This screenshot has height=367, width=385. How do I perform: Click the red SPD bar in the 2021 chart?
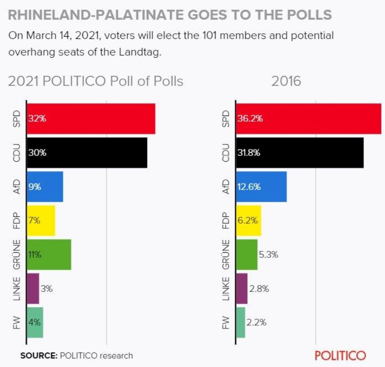91,119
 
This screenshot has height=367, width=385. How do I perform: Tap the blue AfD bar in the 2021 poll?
45,187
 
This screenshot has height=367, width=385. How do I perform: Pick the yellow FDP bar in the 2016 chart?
248,221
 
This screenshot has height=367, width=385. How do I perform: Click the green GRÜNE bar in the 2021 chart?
49,255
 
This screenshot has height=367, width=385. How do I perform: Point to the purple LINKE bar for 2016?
242,288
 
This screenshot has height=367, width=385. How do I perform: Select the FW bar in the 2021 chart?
35,323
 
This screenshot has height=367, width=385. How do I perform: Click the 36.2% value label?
250,119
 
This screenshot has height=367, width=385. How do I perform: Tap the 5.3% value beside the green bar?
268,255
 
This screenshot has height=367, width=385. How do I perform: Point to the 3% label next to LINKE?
47,288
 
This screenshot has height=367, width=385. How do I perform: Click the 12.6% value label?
249,187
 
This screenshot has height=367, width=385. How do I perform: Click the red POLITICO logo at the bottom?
340,355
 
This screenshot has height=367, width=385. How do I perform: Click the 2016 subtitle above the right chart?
286,81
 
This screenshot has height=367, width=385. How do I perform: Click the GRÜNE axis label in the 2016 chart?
226,255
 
